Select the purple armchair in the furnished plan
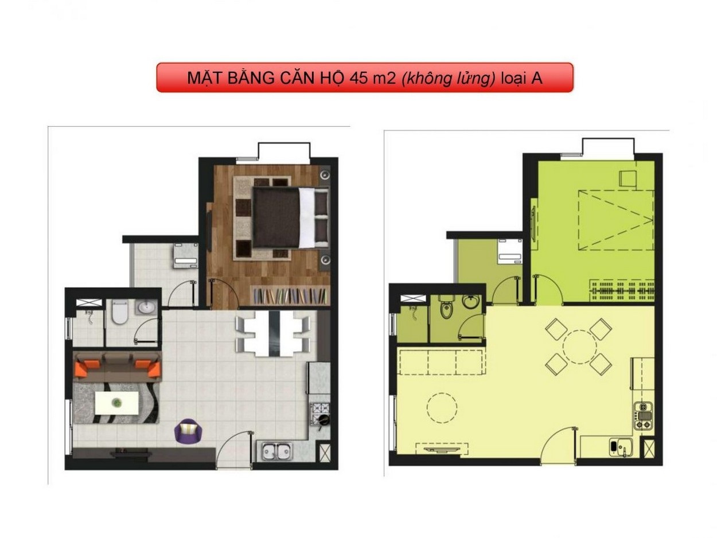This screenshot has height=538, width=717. (188, 431)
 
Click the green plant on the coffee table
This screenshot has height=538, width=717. (116, 403)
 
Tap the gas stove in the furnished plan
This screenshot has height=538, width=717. (319, 414)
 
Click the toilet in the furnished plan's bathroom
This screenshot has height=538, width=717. (119, 312)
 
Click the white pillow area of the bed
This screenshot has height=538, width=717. (307, 217)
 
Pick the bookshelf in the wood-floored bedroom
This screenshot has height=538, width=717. (290, 296)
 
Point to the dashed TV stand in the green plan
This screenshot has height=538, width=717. (441, 449)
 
